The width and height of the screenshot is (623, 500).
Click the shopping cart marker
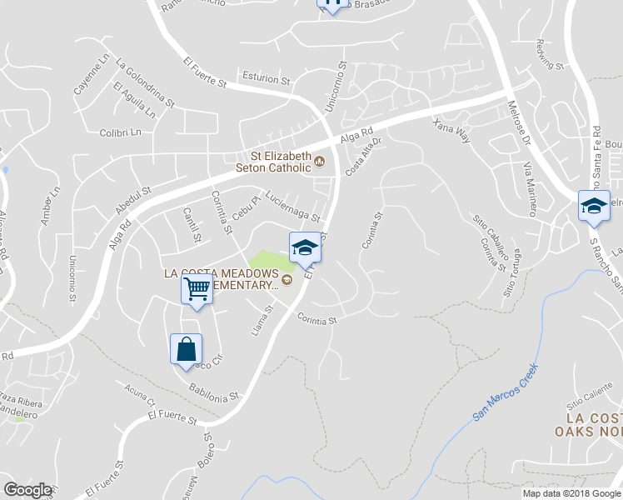(197, 289)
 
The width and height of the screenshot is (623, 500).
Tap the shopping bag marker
(186, 348)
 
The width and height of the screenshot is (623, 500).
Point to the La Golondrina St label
(146, 82)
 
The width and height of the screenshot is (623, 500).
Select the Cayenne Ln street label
(92, 75)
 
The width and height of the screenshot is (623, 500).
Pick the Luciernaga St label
(292, 207)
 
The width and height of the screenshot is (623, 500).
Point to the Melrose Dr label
(519, 125)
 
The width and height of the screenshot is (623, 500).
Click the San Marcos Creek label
(506, 392)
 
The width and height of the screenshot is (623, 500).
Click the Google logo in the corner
(27, 490)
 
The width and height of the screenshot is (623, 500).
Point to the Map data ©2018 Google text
(571, 493)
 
